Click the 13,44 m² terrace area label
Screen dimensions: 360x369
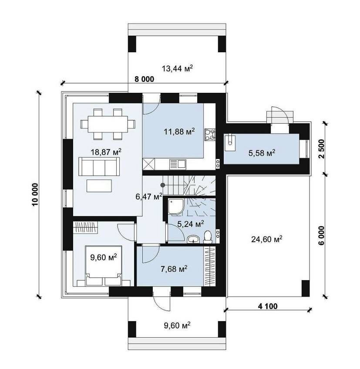[177, 68]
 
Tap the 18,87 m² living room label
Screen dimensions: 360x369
[106, 152]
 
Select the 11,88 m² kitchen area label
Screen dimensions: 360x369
[179, 131]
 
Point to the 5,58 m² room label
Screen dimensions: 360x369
[262, 153]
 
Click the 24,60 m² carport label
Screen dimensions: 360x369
[267, 239]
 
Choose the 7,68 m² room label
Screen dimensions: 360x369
[174, 268]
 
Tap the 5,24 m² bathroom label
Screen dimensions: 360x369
[191, 224]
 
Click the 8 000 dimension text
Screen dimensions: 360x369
[145, 79]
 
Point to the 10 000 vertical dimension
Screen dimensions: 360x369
[35, 194]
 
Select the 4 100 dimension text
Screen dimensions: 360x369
[268, 306]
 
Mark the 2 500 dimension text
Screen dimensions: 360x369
[321, 149]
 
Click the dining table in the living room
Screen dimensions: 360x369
[108, 124]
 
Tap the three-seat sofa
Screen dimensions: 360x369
[99, 166]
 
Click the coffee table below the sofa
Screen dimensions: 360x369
[99, 186]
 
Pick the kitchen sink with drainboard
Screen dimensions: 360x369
[178, 164]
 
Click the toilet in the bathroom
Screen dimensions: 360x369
[207, 237]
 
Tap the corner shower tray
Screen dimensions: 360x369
[175, 207]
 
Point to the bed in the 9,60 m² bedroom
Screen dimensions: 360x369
[104, 266]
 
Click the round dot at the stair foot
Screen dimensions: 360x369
[162, 185]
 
